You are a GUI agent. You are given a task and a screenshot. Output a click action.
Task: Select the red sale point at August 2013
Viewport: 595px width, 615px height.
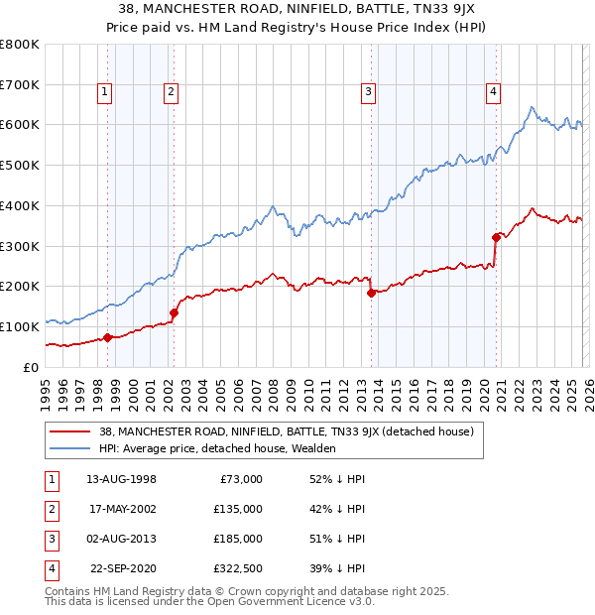coord(371,293)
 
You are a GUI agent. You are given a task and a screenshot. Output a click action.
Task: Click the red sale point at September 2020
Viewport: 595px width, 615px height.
coord(496,236)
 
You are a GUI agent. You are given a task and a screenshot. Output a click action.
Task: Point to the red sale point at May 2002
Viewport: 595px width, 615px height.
coord(174,312)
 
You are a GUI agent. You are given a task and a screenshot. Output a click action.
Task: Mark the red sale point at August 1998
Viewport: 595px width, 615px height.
coord(107,337)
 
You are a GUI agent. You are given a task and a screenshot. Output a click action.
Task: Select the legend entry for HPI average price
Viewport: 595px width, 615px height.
coord(217,448)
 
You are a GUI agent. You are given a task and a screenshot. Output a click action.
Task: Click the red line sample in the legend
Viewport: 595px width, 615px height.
coord(69,431)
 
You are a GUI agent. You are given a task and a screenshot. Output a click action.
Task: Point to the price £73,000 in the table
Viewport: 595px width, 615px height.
coord(239,478)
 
